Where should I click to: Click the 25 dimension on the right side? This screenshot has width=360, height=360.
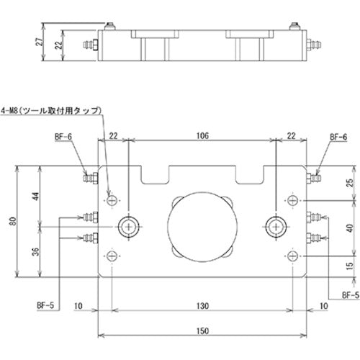coord(349,183)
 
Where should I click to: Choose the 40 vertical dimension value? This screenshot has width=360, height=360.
coord(349,228)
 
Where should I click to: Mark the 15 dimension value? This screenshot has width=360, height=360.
coord(349,267)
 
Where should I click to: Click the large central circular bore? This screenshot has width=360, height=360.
coord(200,227)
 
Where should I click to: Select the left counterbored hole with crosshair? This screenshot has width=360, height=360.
coord(129,227)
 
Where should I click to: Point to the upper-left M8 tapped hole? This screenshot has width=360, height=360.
coord(112,199)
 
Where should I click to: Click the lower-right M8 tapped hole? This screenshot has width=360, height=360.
coord(292,256)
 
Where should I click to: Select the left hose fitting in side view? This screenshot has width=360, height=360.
coord(90,45)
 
